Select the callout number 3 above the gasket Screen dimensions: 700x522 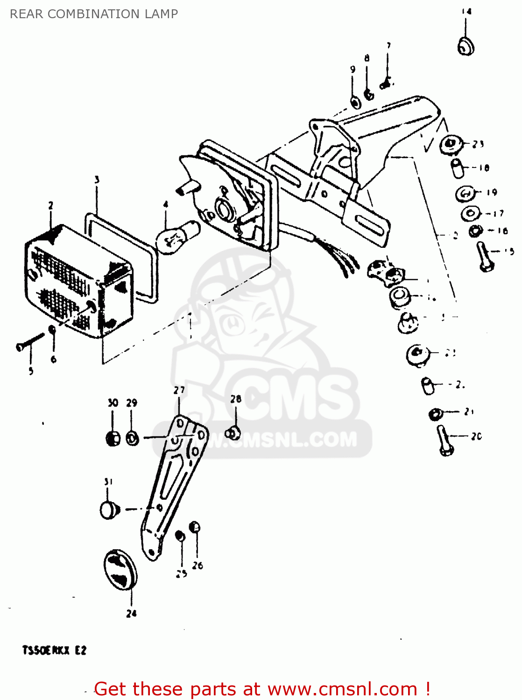[97, 180]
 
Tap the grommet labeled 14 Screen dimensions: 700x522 [466, 46]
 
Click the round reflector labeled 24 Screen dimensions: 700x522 [120, 570]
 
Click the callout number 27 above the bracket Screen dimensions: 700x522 [179, 390]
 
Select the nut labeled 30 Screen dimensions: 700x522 [113, 438]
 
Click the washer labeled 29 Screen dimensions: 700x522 [133, 439]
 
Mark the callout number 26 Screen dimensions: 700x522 [198, 566]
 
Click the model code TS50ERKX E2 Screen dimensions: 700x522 [54, 650]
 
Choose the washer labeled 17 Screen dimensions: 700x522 [470, 214]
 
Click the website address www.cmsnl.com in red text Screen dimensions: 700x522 [342, 689]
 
